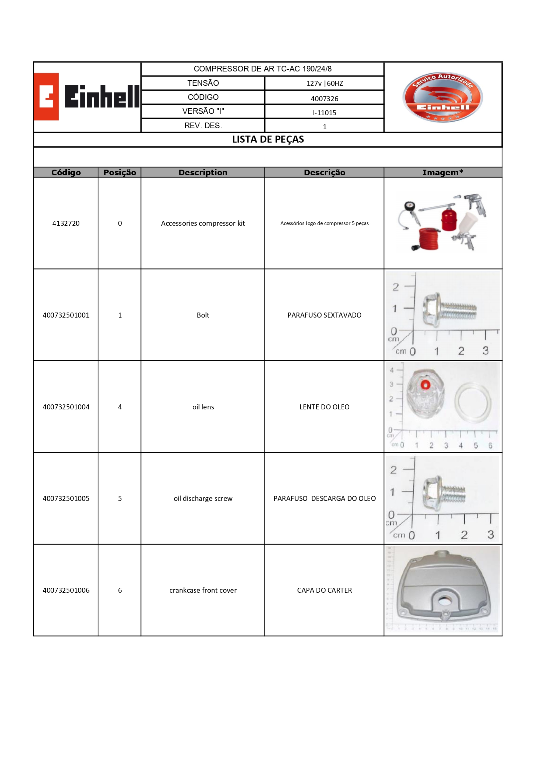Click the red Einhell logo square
(46, 97)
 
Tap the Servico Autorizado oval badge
(442, 98)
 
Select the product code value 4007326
(324, 99)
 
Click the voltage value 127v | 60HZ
(325, 83)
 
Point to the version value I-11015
(324, 113)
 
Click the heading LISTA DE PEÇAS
(268, 139)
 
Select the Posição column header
(120, 172)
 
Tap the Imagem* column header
(443, 172)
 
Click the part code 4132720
(66, 223)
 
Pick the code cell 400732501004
(66, 407)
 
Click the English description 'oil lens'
(203, 407)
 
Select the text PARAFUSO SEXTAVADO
(324, 315)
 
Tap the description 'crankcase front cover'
(203, 590)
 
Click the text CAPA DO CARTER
(324, 590)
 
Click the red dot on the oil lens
(425, 385)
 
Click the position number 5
(120, 499)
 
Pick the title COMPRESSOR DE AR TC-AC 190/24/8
(262, 69)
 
